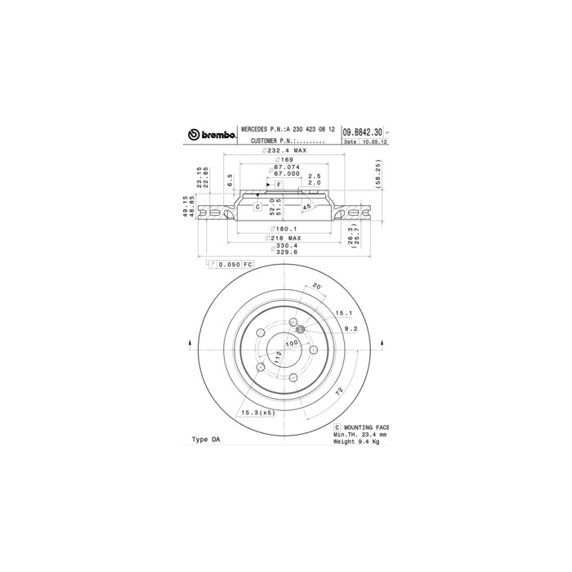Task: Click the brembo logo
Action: [x=212, y=134]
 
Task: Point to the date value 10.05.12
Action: [x=374, y=142]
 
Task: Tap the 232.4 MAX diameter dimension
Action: [x=285, y=151]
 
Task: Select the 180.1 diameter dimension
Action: [x=285, y=230]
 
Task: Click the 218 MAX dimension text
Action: [x=285, y=238]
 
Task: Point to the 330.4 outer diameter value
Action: [x=285, y=246]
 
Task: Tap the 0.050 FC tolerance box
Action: [x=232, y=265]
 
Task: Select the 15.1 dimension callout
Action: [x=344, y=313]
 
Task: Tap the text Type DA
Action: [x=205, y=439]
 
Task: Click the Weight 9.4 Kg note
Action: [x=357, y=442]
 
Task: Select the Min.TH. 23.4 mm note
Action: [x=360, y=435]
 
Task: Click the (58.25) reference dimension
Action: [x=378, y=172]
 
